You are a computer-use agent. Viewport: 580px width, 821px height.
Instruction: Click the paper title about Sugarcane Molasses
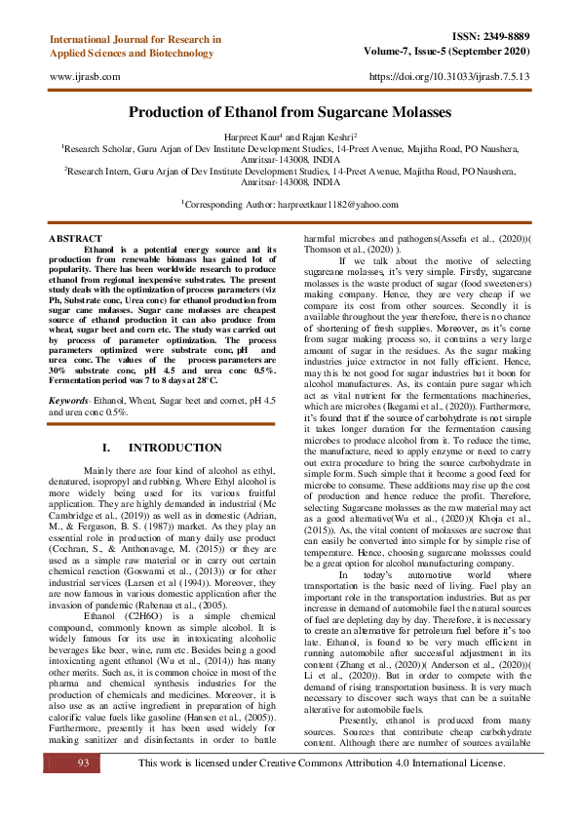pyautogui.click(x=290, y=113)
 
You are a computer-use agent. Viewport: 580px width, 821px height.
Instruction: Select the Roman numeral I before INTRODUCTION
pyautogui.click(x=105, y=448)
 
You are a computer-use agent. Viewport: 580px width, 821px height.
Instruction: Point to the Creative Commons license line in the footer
pyautogui.click(x=322, y=789)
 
